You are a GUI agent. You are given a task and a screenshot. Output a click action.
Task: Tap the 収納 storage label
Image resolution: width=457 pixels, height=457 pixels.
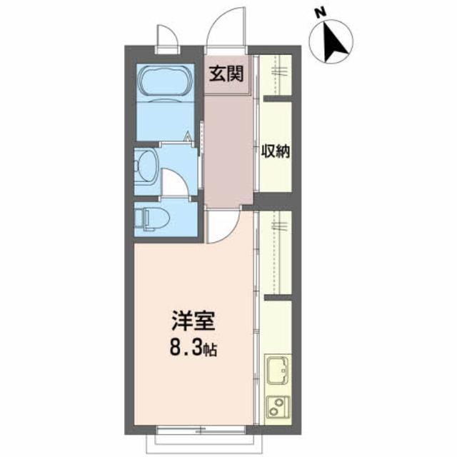click(273, 152)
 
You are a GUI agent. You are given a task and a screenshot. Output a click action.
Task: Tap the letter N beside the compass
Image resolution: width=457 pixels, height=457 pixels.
click(321, 12)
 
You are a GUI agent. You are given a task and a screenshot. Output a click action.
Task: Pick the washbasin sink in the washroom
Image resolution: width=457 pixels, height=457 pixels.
click(148, 167)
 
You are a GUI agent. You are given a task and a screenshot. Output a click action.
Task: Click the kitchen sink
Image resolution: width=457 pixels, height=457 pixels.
click(276, 371)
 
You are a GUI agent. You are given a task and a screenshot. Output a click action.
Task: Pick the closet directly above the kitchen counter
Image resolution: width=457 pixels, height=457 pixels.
click(276, 253)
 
